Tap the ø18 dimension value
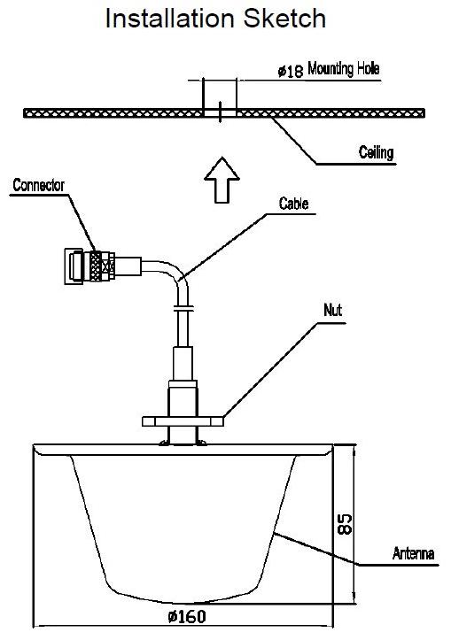point(291,72)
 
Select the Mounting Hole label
point(344,68)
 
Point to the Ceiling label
point(377,152)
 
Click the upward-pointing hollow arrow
point(222,180)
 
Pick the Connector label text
point(39,185)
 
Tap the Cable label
point(293,204)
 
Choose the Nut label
point(332,310)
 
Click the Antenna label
point(413,553)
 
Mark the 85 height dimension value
point(345,524)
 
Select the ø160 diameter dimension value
point(187,616)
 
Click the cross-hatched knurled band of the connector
point(97,266)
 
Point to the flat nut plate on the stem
point(183,421)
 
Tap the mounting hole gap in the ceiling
point(220,112)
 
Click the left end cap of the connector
point(74,266)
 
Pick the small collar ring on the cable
point(183,308)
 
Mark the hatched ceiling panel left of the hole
point(113,112)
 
